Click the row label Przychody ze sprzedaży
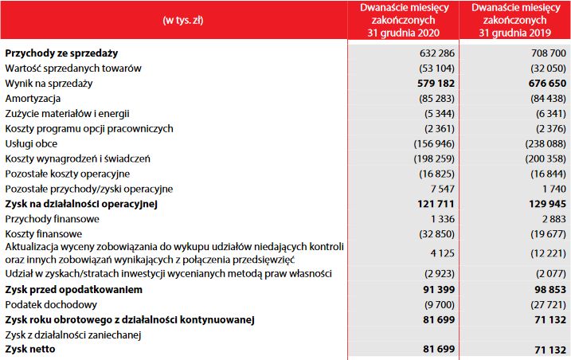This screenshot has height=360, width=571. click(x=61, y=53)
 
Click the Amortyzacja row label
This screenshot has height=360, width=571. click(x=33, y=98)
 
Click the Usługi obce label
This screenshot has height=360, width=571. click(x=31, y=143)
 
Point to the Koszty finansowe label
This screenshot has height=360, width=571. click(x=45, y=234)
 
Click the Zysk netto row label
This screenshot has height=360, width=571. click(x=33, y=350)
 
